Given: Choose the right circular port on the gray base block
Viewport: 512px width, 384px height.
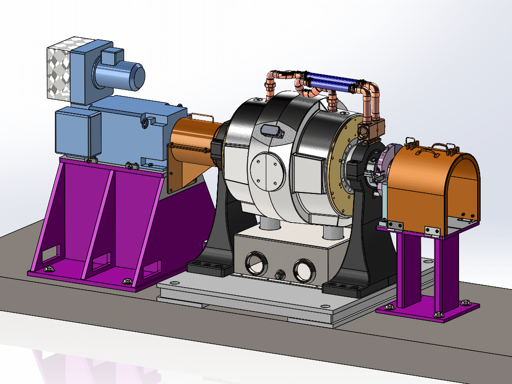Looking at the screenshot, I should pyautogui.click(x=304, y=269).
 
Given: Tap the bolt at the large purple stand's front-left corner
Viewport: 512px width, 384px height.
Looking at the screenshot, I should pyautogui.click(x=49, y=268).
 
